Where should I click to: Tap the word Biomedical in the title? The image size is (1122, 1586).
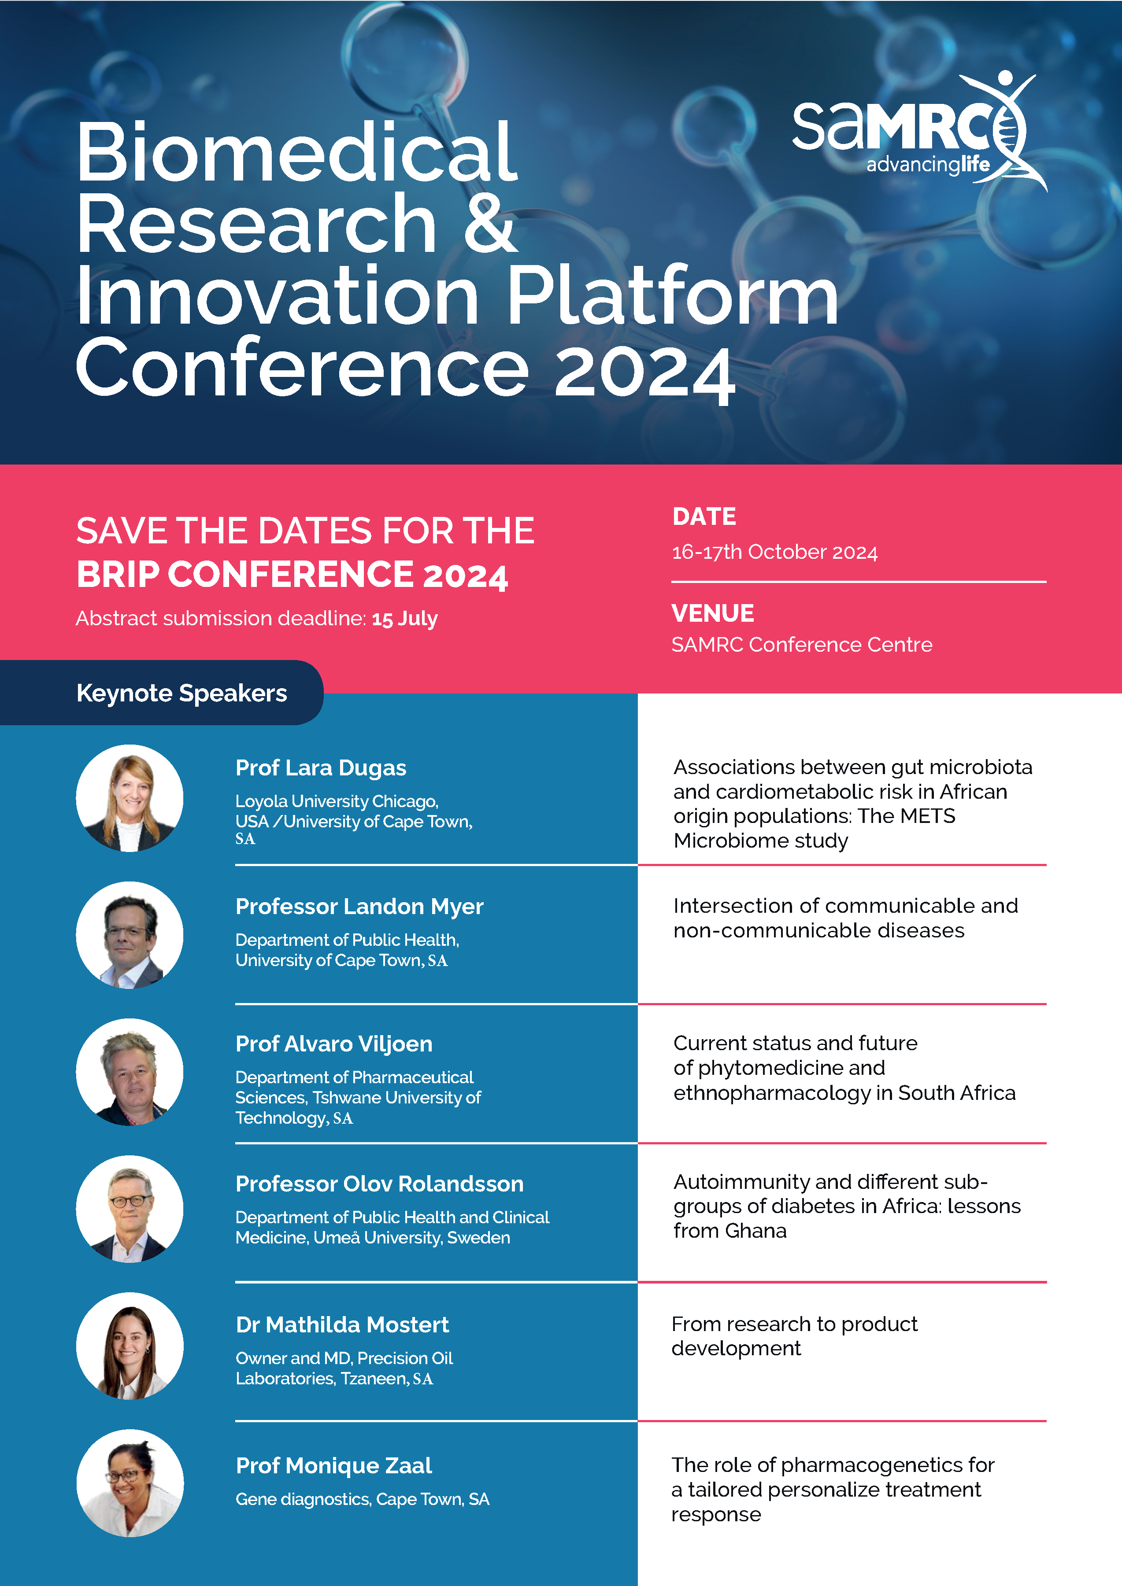pos(297,152)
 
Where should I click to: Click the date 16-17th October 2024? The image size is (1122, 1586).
pos(774,552)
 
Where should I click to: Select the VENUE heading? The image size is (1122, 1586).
pos(712,613)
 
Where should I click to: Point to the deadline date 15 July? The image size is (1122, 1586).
pos(404,618)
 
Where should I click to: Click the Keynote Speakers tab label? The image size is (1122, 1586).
pos(181,693)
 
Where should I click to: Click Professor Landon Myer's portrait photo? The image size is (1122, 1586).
pos(130,935)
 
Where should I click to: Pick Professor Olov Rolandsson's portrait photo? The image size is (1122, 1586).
pos(130,1209)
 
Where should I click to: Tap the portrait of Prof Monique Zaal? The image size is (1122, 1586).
pos(130,1483)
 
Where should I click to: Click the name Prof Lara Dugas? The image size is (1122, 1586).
pos(321,767)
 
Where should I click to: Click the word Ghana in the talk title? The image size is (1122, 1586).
pos(756,1231)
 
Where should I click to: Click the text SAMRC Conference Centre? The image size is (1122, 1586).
pos(801,645)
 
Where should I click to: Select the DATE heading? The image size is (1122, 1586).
pos(704,516)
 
